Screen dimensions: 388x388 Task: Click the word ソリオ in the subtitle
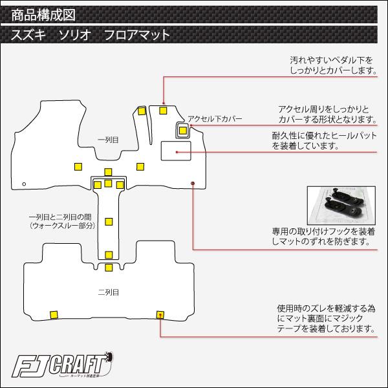pos(75,35)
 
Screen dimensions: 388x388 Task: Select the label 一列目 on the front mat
pos(107,140)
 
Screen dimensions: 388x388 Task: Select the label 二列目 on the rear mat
pos(108,292)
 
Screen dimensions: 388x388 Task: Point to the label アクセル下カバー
pos(214,120)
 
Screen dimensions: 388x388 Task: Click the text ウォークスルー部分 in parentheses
pos(62,226)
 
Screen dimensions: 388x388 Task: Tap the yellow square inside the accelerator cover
pos(184,131)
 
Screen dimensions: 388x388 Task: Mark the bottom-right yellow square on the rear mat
pos(160,314)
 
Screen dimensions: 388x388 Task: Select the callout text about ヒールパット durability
pos(323,141)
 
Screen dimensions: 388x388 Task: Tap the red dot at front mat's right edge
pos(193,183)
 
